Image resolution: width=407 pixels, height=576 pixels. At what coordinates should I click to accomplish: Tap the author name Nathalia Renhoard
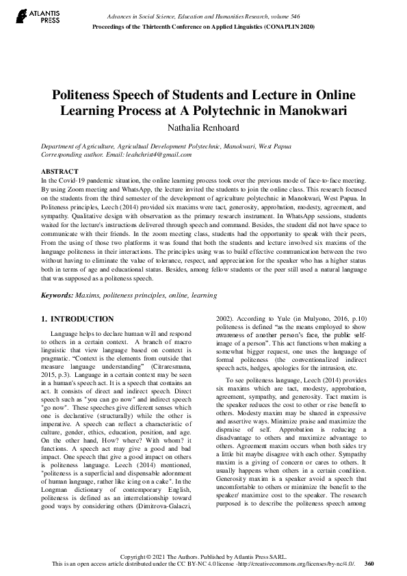tap(203, 127)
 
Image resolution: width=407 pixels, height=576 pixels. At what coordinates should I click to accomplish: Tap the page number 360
tap(369, 564)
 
